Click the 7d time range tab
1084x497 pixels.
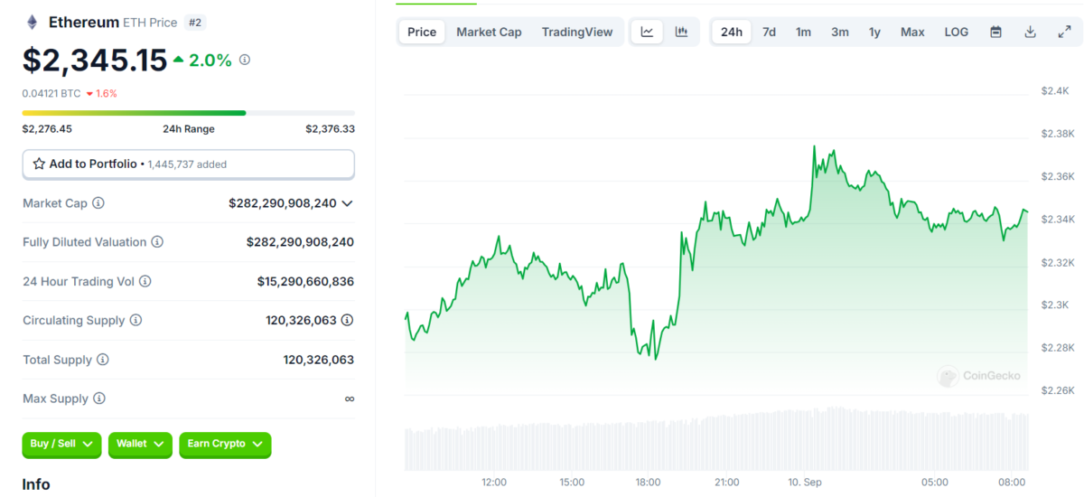click(769, 32)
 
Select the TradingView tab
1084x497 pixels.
click(577, 32)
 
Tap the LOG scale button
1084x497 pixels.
click(956, 32)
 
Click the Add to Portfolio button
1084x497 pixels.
click(188, 164)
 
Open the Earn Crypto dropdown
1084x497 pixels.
click(225, 444)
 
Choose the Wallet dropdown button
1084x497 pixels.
click(139, 444)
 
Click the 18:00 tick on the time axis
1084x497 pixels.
click(648, 483)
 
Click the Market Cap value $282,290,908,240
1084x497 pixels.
click(282, 203)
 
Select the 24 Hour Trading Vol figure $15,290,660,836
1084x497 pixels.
click(305, 282)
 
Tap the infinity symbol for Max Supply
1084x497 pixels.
click(349, 399)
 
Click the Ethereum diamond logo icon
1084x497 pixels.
click(33, 23)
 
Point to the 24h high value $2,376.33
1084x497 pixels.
click(330, 129)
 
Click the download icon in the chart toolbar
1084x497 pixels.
click(1030, 32)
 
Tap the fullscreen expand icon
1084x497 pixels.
click(1064, 32)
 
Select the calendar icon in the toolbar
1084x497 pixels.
click(995, 32)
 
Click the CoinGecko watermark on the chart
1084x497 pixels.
click(980, 376)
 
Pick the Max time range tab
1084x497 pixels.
click(912, 32)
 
